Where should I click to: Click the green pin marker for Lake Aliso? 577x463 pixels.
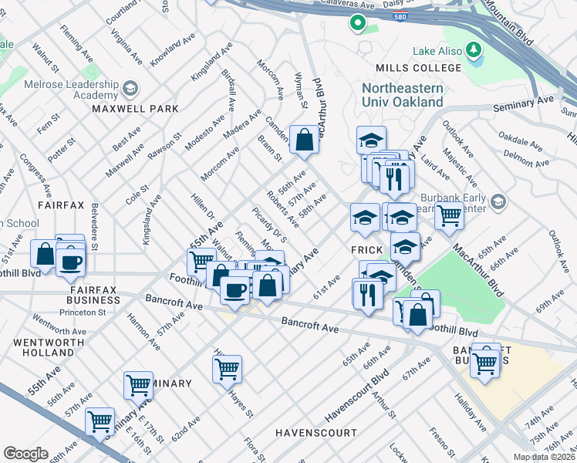[474, 52]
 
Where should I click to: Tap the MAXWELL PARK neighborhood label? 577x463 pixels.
[135, 110]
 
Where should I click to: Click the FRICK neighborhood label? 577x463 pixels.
[366, 251]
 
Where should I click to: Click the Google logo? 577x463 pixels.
[25, 454]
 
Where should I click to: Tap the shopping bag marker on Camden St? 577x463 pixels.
[305, 140]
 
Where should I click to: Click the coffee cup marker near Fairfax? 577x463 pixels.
[70, 262]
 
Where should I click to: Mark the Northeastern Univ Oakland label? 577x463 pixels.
[403, 94]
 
